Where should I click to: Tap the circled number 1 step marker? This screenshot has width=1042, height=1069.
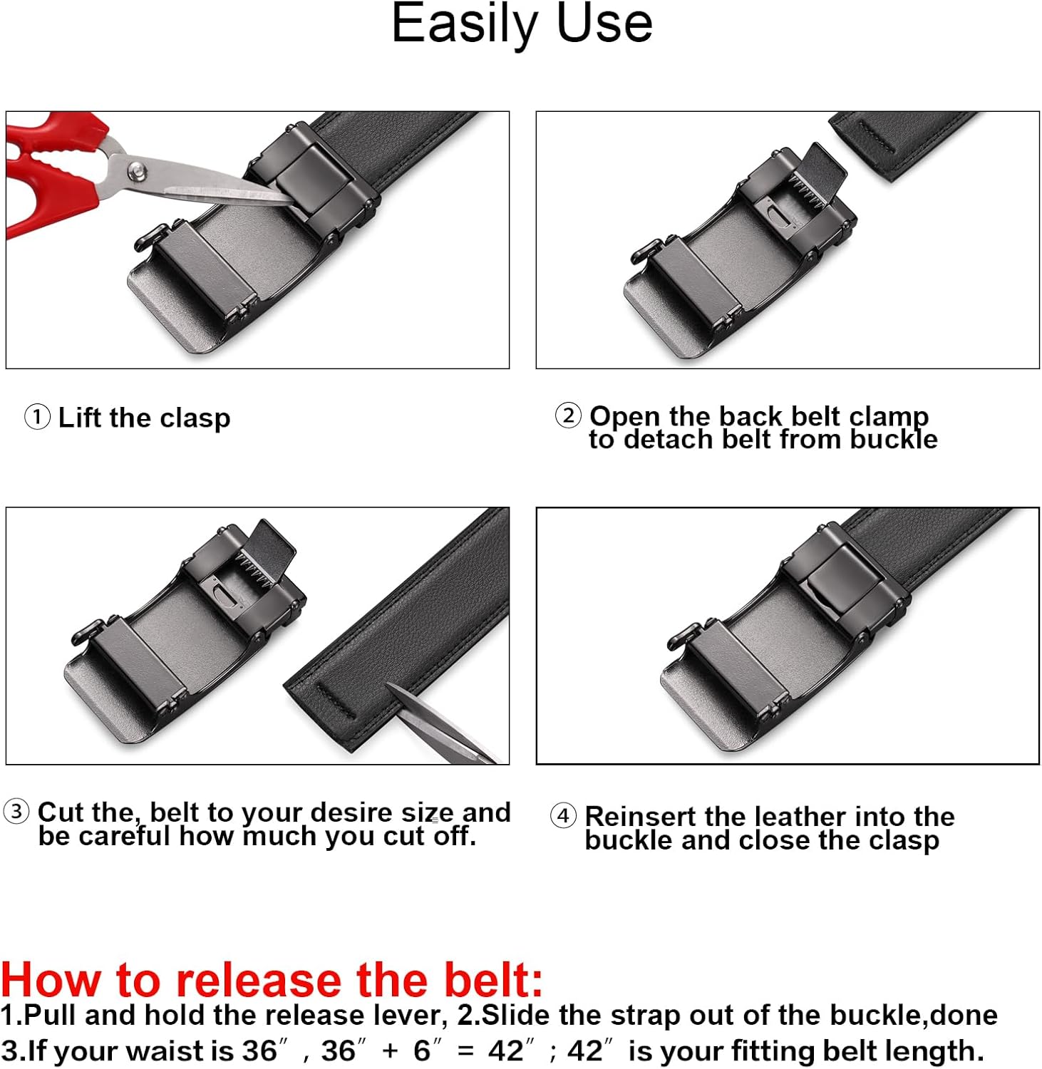[37, 417]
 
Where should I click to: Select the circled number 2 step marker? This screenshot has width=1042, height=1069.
[568, 415]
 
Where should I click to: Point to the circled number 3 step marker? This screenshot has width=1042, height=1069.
[16, 811]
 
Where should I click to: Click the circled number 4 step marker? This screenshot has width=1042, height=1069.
[563, 815]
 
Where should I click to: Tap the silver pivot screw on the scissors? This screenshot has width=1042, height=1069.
[137, 170]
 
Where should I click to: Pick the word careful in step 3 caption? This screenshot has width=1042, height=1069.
[125, 836]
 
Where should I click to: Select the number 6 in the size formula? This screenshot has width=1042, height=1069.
[422, 1051]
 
